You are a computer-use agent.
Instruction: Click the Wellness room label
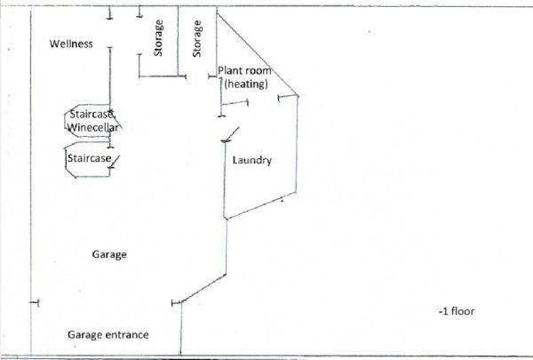(x=71, y=44)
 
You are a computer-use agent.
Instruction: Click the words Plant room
(x=244, y=70)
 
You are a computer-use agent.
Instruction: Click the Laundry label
(x=251, y=161)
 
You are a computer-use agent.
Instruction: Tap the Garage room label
(x=109, y=254)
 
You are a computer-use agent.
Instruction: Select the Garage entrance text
(x=107, y=335)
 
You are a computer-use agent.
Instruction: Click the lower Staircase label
(x=89, y=158)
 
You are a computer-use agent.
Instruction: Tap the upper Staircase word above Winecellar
(x=92, y=116)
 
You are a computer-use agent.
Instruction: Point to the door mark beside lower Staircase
(x=115, y=159)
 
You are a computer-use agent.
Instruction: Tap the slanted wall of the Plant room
(x=258, y=54)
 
